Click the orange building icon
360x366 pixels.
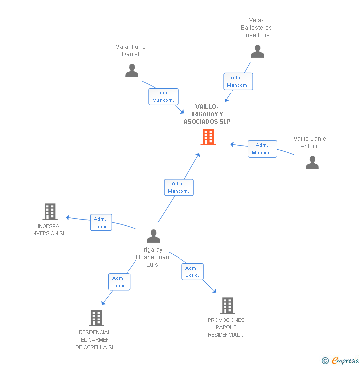click(x=208, y=137)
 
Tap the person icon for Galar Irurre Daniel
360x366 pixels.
click(x=132, y=71)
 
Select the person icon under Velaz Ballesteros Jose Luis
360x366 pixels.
click(x=257, y=51)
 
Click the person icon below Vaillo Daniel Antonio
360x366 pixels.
click(x=312, y=162)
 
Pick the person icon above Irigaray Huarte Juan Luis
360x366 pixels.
click(x=153, y=236)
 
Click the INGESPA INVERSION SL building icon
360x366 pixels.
click(x=50, y=212)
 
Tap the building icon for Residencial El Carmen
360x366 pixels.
click(x=96, y=318)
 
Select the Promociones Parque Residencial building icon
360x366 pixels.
click(x=227, y=306)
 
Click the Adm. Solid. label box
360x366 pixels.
click(x=192, y=272)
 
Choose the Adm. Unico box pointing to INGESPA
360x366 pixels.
click(x=101, y=223)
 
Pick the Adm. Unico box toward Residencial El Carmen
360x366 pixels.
click(x=119, y=282)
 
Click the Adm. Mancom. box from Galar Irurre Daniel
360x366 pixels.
click(x=163, y=96)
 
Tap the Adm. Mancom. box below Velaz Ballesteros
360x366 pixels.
click(x=238, y=81)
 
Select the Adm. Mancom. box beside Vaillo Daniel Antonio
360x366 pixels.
click(x=263, y=149)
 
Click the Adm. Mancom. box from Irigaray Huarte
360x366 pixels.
click(x=179, y=187)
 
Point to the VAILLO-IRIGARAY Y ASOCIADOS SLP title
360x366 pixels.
click(x=207, y=114)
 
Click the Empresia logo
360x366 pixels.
click(x=340, y=361)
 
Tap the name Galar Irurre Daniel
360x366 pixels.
click(x=131, y=50)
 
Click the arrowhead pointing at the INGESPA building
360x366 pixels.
click(x=68, y=217)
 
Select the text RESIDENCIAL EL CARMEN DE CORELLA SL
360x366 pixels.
click(x=95, y=340)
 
